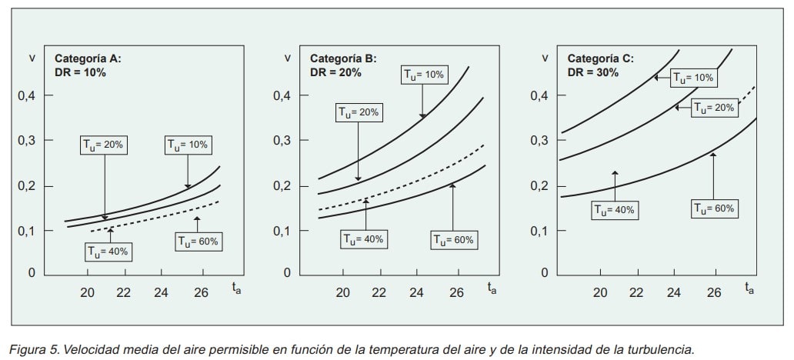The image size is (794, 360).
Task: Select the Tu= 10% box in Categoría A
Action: point(188,145)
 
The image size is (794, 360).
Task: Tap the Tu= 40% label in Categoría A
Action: point(108,251)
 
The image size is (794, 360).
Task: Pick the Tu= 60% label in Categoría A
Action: point(198,241)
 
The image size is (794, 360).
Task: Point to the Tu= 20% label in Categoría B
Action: point(359,112)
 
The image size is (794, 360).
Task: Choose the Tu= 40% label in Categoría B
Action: point(363,239)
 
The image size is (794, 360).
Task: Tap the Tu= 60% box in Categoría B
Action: point(453,240)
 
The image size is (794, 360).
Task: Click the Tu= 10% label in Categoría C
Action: point(694,77)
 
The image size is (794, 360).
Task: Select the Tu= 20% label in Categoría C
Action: point(715,108)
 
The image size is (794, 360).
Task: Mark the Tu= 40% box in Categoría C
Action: point(615,209)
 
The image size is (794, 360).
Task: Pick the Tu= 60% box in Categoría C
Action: point(715,208)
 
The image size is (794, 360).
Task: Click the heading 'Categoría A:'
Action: point(88,58)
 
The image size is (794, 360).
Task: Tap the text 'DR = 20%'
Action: point(335,72)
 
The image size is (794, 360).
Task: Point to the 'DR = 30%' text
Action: point(593,72)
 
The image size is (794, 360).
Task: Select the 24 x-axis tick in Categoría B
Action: point(418,292)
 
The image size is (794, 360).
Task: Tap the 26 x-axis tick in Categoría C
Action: point(713,292)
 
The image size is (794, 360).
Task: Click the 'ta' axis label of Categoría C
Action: point(749,288)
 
